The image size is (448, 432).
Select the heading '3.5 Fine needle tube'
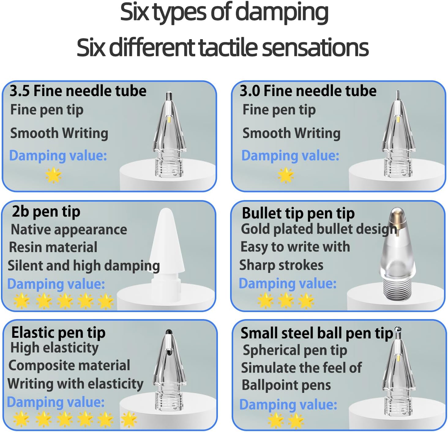tap(78, 91)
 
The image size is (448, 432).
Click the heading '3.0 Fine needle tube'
tap(308, 91)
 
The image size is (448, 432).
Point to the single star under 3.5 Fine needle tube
tap(54, 175)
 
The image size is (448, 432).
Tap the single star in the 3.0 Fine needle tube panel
tap(286, 175)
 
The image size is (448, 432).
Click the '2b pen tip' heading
tap(46, 212)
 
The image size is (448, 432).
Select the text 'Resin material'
tap(53, 247)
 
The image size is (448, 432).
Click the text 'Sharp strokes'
tap(281, 265)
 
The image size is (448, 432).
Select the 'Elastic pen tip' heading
tap(58, 333)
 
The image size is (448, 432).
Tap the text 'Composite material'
tap(69, 366)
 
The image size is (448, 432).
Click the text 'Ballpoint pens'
tap(286, 385)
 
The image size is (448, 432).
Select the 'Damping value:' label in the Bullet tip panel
tap(288, 283)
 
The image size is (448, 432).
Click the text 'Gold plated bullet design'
tap(319, 229)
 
